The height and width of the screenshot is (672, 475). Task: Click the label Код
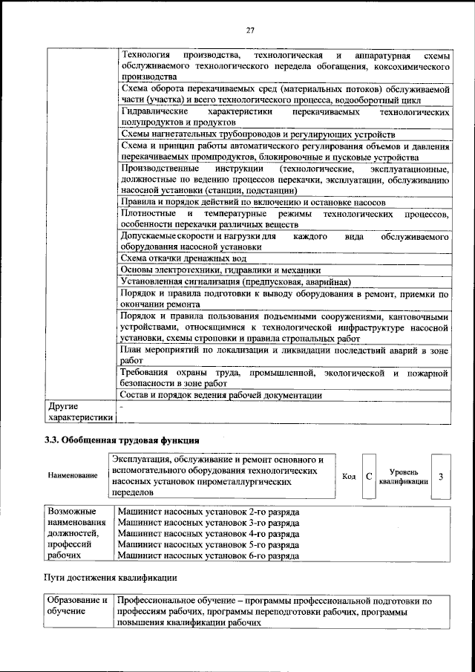349,477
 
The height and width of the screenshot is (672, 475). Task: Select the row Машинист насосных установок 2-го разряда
209,512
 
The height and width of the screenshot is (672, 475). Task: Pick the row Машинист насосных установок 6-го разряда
209,555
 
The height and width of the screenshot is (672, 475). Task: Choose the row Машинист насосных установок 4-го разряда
209,533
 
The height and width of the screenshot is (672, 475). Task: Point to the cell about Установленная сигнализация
235,282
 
